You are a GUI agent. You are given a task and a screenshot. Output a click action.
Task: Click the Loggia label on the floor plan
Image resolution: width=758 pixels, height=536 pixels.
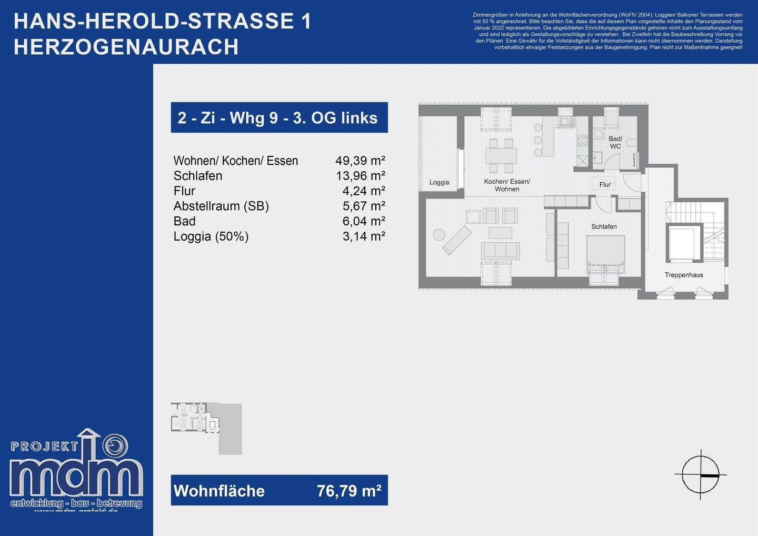(439, 183)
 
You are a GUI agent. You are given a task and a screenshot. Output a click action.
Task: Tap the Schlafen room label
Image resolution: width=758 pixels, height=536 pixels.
(604, 227)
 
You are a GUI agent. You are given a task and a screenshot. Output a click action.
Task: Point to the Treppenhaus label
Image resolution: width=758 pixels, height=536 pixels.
(684, 275)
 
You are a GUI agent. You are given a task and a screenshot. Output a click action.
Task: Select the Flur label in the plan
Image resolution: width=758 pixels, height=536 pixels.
(605, 185)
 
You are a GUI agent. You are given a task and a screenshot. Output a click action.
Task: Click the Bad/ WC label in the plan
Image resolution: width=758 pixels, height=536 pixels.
(615, 143)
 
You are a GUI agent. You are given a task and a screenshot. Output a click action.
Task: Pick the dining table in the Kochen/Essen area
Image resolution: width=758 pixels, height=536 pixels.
(501, 156)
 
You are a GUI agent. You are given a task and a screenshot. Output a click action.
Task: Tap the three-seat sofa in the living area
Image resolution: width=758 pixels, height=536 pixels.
(500, 250)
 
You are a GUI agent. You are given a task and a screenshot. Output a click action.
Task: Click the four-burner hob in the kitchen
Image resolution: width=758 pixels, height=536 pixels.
(582, 141)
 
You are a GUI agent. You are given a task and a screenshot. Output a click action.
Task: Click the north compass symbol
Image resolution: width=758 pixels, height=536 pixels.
(701, 474)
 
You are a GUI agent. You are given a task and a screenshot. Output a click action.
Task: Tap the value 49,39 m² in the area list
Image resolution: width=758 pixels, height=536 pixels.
(360, 161)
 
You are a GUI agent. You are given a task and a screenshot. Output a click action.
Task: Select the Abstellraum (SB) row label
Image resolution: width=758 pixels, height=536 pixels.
(221, 206)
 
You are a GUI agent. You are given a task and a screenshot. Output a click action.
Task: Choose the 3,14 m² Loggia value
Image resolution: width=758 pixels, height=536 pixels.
(364, 236)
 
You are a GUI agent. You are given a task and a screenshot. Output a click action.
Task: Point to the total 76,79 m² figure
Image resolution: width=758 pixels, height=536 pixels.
(349, 491)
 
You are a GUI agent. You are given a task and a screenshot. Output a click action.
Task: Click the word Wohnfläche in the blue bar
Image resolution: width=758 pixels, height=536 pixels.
(219, 491)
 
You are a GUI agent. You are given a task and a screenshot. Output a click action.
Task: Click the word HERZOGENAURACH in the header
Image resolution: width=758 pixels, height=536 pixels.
(126, 47)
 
